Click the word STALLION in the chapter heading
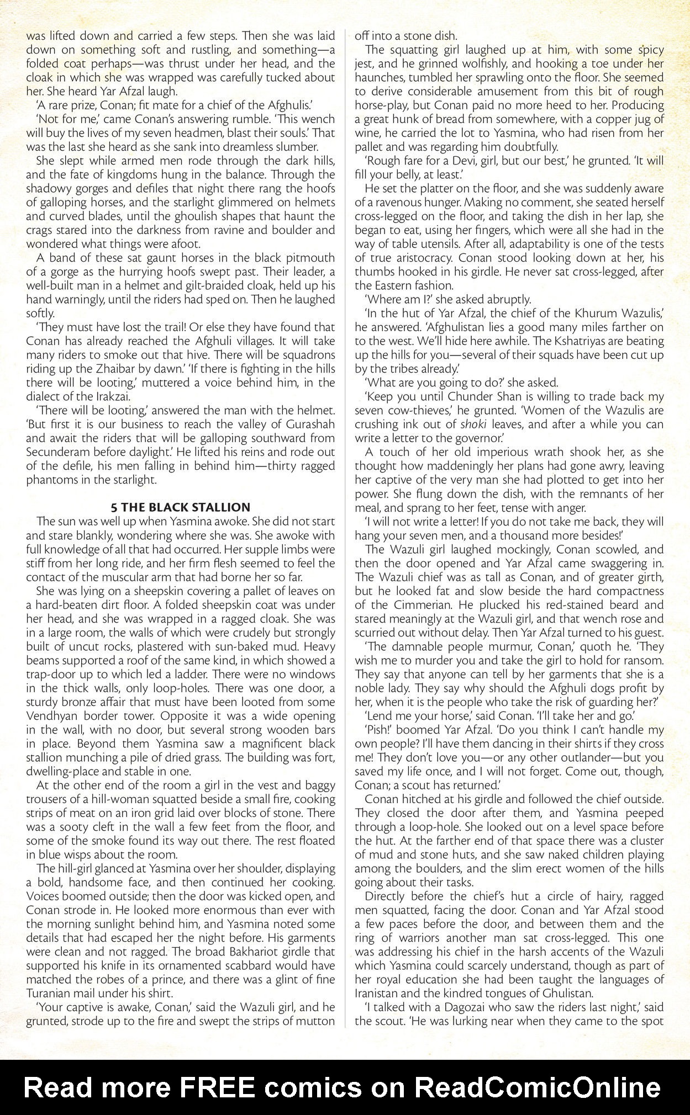coord(220,507)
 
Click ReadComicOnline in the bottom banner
coord(537,1087)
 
